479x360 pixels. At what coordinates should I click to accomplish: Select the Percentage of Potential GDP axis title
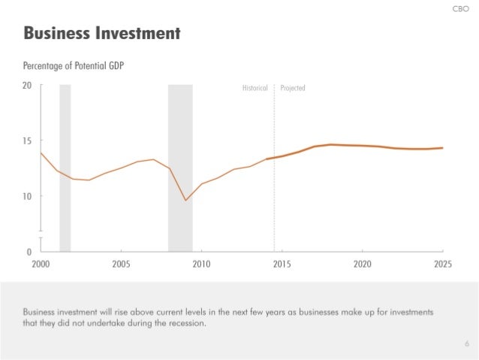[74, 66]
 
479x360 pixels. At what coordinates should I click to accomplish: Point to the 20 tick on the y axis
[26, 86]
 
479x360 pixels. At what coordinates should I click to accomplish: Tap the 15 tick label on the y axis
[26, 141]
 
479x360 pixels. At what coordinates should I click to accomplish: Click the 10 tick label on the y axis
[26, 196]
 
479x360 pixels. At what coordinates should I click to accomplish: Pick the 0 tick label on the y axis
[29, 251]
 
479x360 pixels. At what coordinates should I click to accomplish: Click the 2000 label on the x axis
[41, 265]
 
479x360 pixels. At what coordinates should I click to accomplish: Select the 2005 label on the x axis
[121, 265]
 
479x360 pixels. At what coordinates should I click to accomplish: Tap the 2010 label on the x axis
[201, 265]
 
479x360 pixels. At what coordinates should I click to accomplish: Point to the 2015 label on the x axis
[282, 265]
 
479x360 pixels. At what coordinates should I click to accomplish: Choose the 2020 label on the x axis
[363, 265]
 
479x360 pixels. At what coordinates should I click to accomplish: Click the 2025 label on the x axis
[442, 265]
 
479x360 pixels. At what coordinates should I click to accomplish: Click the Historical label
[255, 89]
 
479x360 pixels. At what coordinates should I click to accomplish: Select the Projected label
[293, 89]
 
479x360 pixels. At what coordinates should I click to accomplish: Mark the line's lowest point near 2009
[185, 200]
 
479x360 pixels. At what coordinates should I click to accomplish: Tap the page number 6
[466, 344]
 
